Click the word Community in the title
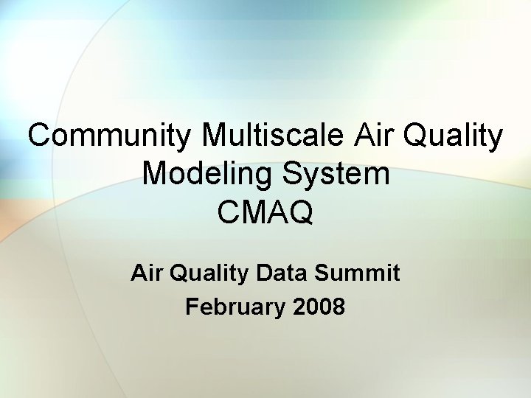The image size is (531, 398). tap(111, 136)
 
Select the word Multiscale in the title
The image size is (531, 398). tap(271, 136)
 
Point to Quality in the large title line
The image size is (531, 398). tap(455, 138)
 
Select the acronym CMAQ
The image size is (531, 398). tap(265, 213)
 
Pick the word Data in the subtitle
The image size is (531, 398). tap(282, 273)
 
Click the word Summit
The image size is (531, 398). tap(357, 273)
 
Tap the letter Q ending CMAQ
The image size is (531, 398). tap(301, 213)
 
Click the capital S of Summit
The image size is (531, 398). tap(321, 273)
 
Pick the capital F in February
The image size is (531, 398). tap(192, 306)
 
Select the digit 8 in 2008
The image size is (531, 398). tap(339, 306)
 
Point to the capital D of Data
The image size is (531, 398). tap(263, 273)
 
